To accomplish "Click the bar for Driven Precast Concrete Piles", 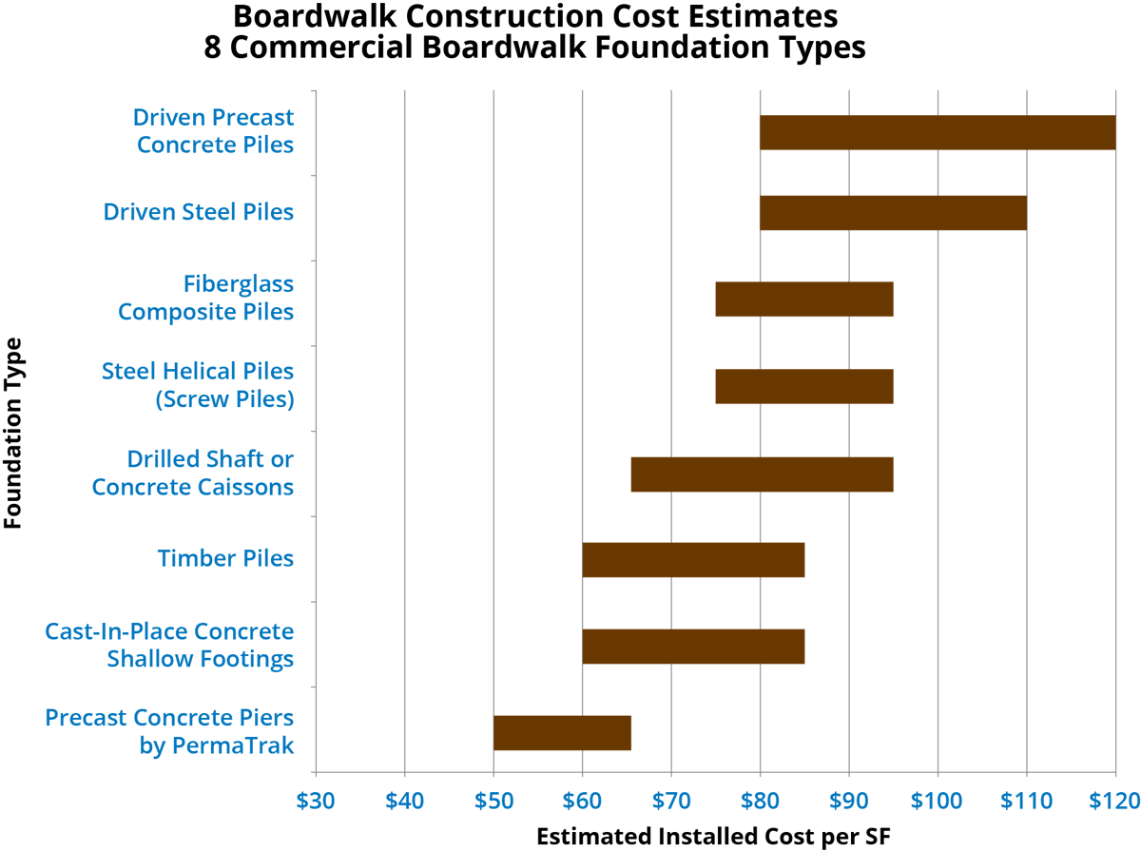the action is (x=938, y=132).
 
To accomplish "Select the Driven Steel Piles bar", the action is (x=893, y=213).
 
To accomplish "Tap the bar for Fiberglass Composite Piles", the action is (x=804, y=299).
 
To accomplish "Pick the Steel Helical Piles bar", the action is (x=804, y=386).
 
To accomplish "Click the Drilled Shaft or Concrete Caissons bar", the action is (x=762, y=474).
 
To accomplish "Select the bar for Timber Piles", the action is (x=693, y=560).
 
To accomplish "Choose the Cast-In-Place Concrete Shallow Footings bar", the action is (x=693, y=647).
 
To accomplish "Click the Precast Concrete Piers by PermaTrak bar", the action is (x=563, y=733).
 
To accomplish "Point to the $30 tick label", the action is (x=316, y=802).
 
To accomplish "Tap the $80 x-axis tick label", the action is (x=760, y=802).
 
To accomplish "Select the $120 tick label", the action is (x=1114, y=802).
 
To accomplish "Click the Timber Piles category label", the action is (x=225, y=558).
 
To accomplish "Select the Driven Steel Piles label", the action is (x=198, y=212).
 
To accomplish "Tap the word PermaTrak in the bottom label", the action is (x=233, y=745).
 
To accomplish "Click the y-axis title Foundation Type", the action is (x=12, y=433).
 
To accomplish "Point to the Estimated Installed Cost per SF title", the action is (x=714, y=837).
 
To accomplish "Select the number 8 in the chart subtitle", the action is (x=212, y=48).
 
